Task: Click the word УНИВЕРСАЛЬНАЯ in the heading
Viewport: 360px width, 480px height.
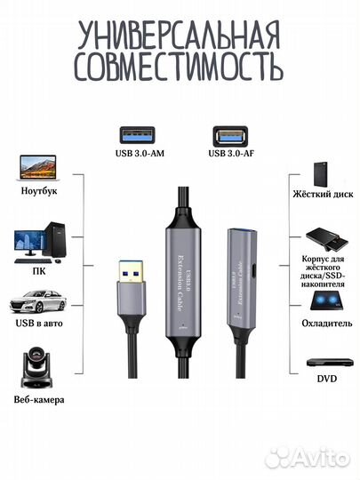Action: tap(180, 36)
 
